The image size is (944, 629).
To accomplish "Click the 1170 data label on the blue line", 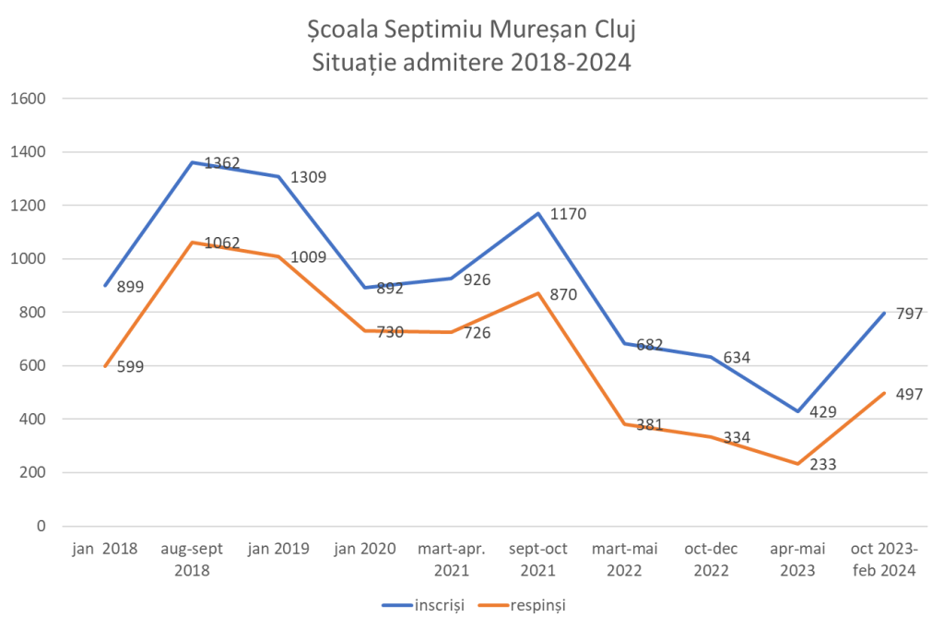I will click(x=568, y=215).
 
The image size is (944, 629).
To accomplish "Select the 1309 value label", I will click(x=308, y=177).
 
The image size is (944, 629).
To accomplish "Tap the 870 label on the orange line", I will click(x=563, y=295).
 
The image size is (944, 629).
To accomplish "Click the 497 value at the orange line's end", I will click(x=908, y=394).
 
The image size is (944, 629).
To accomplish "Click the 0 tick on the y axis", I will click(x=41, y=526).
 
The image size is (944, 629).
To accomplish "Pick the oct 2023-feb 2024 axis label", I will click(x=884, y=559).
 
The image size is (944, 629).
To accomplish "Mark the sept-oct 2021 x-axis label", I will click(x=538, y=559).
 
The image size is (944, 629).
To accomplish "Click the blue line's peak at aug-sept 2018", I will click(x=191, y=163).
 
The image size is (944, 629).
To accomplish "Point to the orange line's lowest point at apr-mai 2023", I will click(x=796, y=464).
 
